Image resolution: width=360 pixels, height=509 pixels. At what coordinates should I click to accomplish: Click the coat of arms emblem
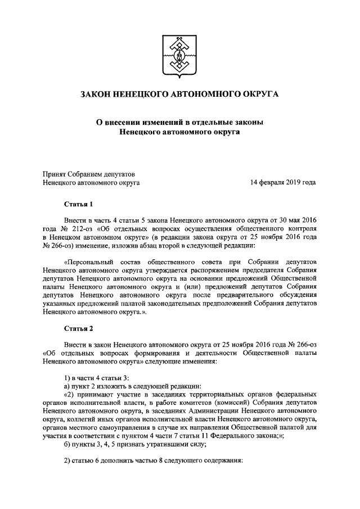[x=179, y=55]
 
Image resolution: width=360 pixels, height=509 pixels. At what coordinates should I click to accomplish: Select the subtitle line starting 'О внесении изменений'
[x=179, y=122]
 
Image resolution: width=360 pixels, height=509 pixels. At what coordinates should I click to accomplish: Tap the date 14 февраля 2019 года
[x=283, y=183]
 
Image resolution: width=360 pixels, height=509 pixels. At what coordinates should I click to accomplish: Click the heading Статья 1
[x=78, y=204]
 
